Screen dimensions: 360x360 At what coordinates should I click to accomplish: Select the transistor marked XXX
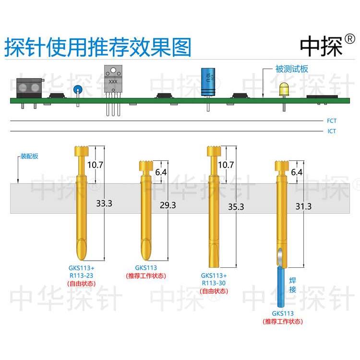coord(113,79)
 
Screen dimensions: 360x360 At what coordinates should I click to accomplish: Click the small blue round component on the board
coord(77,88)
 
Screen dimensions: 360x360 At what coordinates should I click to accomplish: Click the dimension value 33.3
coord(104,203)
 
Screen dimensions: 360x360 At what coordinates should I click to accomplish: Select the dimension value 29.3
coord(168,205)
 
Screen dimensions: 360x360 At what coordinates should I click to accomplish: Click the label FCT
coord(332,121)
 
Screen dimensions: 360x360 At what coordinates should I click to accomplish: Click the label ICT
coord(332,131)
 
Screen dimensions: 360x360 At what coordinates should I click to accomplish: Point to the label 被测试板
coord(291,69)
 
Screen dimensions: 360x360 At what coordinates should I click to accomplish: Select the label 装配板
coord(32,156)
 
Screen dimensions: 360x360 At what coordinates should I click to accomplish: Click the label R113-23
coord(83,276)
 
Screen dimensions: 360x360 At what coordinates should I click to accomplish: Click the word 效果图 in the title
coord(164,48)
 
